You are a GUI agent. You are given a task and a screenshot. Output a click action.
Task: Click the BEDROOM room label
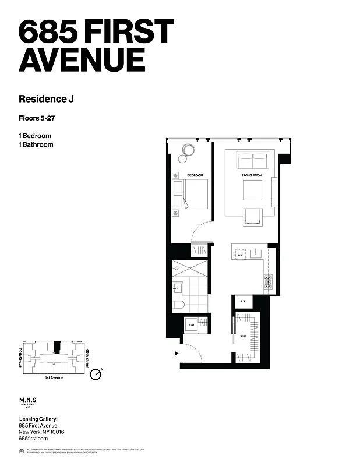(x=195, y=176)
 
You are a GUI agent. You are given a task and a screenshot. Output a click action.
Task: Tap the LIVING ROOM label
(x=252, y=176)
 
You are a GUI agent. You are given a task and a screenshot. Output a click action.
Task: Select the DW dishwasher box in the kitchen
(x=239, y=255)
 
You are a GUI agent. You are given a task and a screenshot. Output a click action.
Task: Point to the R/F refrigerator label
(x=243, y=302)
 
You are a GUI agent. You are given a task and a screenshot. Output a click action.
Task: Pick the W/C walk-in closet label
(x=243, y=336)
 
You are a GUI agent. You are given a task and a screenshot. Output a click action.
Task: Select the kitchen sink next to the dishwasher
(x=255, y=253)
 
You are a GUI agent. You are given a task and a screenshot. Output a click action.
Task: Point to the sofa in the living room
(x=253, y=158)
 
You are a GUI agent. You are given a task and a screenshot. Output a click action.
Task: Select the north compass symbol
(x=96, y=374)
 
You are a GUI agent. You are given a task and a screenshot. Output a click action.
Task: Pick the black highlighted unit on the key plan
(x=57, y=347)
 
